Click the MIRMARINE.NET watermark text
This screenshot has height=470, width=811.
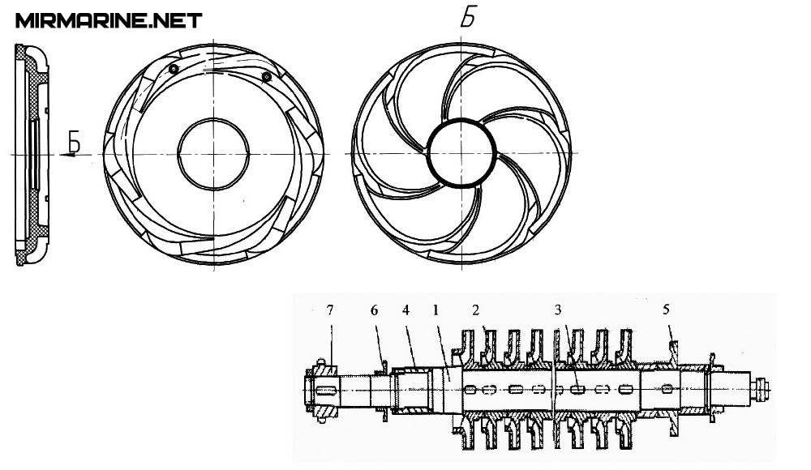[x=109, y=21]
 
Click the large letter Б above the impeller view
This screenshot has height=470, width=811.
[x=468, y=19]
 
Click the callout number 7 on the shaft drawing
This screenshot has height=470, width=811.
[x=330, y=310]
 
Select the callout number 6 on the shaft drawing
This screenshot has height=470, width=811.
[x=375, y=310]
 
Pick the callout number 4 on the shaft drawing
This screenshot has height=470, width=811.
[x=405, y=310]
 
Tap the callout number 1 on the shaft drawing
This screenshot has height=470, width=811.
[x=436, y=310]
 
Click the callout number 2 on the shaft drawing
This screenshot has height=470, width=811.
[x=475, y=310]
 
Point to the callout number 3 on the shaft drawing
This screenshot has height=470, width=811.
[x=558, y=310]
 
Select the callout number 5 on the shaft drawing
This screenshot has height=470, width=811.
[x=666, y=310]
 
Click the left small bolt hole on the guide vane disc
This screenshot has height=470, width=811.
[x=174, y=69]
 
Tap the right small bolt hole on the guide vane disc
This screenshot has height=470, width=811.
[x=266, y=77]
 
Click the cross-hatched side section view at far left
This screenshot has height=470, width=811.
[x=32, y=155]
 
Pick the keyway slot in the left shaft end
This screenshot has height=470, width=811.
[x=325, y=391]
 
